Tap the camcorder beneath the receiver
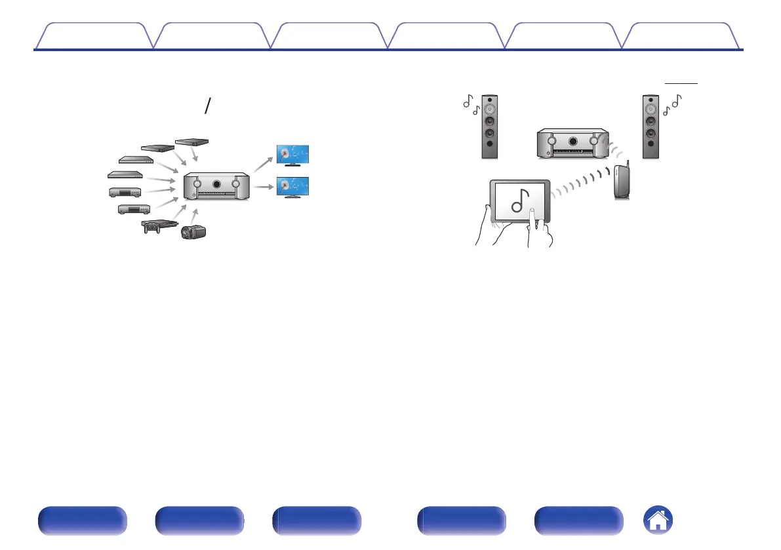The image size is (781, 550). (x=194, y=231)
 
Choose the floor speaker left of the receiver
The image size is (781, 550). (x=489, y=127)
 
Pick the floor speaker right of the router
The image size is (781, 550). (x=650, y=127)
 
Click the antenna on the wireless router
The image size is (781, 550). (x=627, y=166)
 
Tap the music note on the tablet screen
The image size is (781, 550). (x=519, y=201)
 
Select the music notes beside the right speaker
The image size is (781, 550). (x=672, y=104)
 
